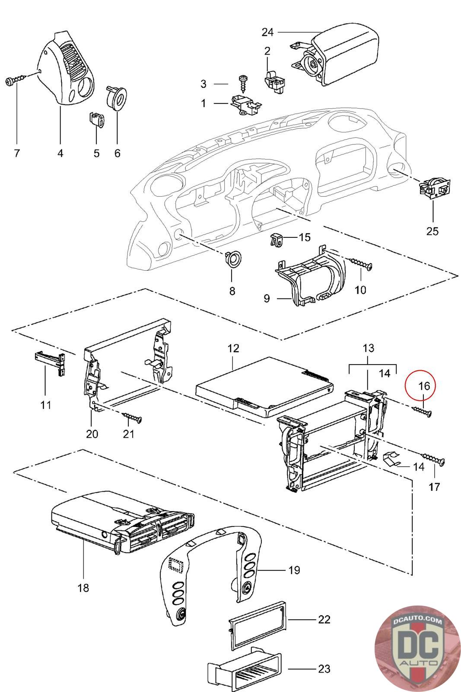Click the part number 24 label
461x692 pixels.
(267, 32)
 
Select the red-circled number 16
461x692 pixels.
(424, 385)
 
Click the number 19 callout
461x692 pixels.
(294, 570)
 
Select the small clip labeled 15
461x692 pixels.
(277, 240)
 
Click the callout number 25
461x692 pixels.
(432, 231)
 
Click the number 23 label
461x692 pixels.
(324, 669)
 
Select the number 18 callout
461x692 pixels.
(83, 588)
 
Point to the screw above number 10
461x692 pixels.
(361, 263)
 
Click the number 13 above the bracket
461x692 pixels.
(368, 348)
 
